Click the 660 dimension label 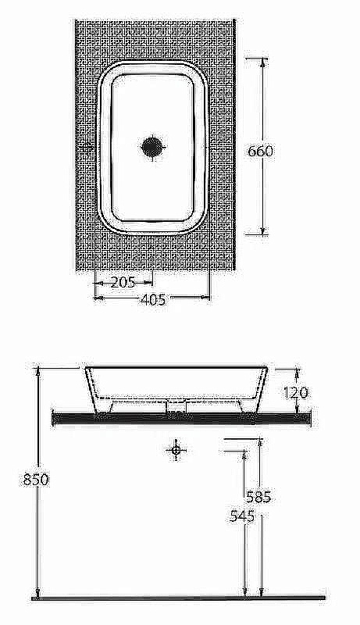pos(261,151)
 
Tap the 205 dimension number pos(123,283)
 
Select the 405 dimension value pos(153,299)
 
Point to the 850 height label pos(36,479)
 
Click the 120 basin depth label pos(296,393)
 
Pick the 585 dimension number pos(258,497)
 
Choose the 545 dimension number pos(242,516)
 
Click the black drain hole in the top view pos(152,147)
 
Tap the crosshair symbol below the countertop pos(176,450)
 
